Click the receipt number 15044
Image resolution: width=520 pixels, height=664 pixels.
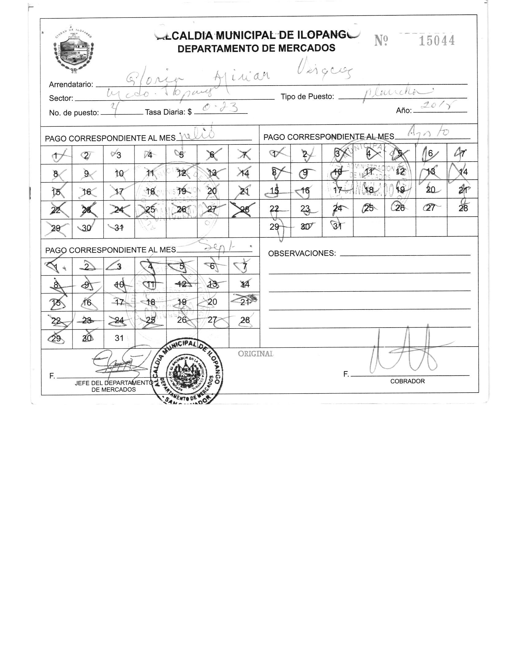(x=436, y=41)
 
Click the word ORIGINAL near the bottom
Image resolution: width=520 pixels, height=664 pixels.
(x=256, y=354)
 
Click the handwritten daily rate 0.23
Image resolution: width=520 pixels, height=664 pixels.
(x=221, y=108)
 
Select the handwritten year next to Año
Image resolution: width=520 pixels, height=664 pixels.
(x=439, y=106)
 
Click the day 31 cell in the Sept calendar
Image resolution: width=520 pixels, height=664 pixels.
(x=119, y=338)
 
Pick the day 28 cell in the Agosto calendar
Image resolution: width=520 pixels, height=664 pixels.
(x=463, y=208)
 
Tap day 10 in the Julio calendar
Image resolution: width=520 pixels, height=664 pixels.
(x=119, y=173)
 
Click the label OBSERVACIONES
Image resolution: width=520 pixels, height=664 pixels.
(x=302, y=253)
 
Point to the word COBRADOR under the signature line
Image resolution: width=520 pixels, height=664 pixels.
(x=407, y=381)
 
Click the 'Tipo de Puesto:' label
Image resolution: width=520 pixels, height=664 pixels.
(x=307, y=97)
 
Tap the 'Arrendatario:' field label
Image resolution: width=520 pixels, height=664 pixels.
(x=71, y=84)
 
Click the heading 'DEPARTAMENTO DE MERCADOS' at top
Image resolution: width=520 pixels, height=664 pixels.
(x=256, y=48)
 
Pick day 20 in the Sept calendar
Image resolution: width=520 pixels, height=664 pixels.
(x=213, y=302)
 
